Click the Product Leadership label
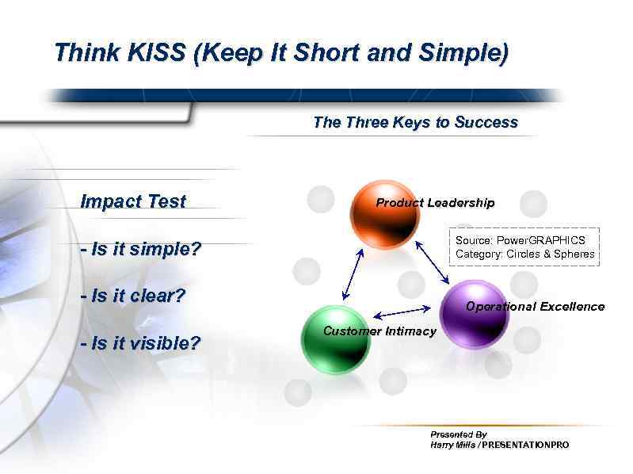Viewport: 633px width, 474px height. pos(435,203)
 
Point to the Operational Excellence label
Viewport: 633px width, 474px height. pos(535,307)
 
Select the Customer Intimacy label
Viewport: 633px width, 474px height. pos(379,331)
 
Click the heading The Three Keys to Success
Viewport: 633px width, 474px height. pos(415,123)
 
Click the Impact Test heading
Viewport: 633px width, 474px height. pos(133,201)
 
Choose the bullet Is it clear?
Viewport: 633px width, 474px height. pos(133,296)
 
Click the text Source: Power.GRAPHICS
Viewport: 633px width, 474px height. pos(521,240)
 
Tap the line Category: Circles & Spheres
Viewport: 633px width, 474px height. pos(524,254)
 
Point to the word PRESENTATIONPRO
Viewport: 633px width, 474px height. pos(525,445)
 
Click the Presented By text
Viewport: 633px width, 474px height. pos(458,434)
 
